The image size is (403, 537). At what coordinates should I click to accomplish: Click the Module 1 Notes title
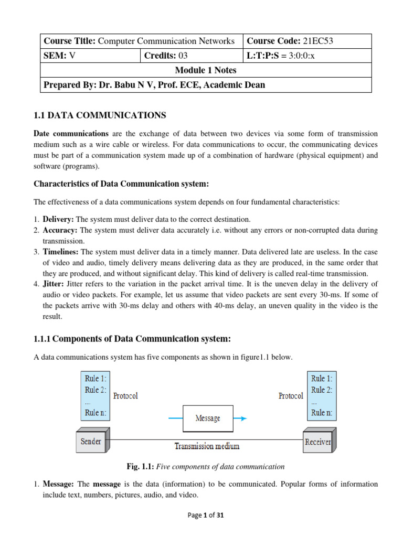(x=206, y=70)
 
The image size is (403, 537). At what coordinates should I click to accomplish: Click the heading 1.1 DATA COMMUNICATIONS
(x=100, y=115)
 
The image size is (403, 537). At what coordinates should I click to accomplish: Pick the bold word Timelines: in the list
(x=61, y=252)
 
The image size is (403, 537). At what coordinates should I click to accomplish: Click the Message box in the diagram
(x=208, y=418)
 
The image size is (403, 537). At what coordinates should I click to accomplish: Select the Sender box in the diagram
(x=91, y=442)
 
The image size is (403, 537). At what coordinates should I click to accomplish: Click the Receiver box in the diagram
(x=317, y=442)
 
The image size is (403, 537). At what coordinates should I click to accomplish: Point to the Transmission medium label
(x=207, y=446)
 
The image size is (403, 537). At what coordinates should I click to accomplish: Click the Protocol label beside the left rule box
(x=125, y=396)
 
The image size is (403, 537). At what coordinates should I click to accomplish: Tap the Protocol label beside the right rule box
(x=290, y=396)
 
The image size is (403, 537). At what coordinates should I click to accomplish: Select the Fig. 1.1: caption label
(x=139, y=466)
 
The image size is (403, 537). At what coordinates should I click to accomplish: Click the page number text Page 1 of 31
(x=206, y=515)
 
